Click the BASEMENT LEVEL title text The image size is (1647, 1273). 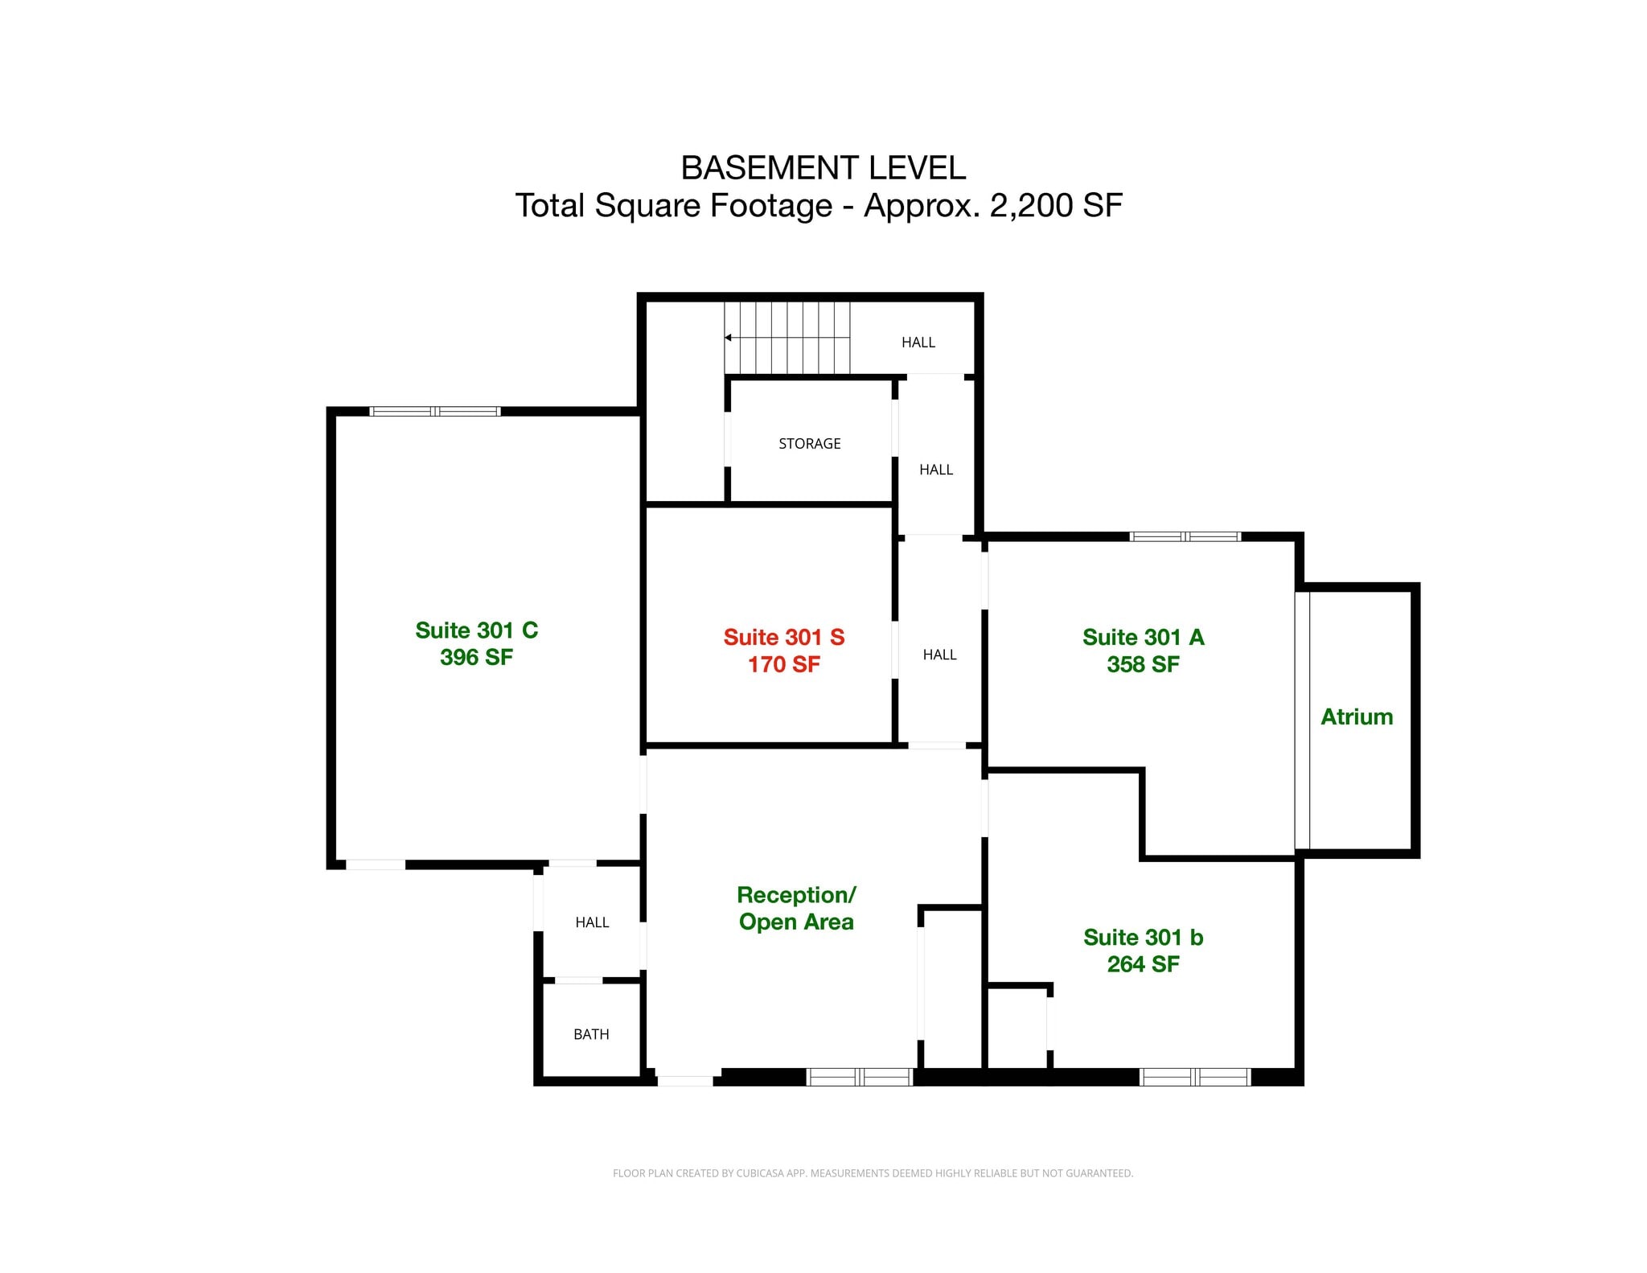point(823,168)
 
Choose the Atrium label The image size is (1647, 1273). point(1357,717)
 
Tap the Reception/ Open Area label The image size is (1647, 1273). point(796,908)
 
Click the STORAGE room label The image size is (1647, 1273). point(810,444)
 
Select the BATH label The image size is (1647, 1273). point(591,1035)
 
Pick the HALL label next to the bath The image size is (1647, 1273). point(592,922)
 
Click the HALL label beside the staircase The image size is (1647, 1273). point(918,343)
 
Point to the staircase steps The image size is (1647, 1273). point(787,338)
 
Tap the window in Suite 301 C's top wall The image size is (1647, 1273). point(435,412)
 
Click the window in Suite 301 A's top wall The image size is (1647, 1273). point(1185,536)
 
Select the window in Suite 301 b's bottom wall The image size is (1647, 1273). point(1195,1077)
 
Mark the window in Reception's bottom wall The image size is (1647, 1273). point(860,1077)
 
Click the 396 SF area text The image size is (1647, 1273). point(476,657)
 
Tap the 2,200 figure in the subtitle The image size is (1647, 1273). point(1033,206)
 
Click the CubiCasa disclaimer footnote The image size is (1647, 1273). point(873,1173)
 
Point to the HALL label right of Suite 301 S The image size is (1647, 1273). point(939,655)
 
